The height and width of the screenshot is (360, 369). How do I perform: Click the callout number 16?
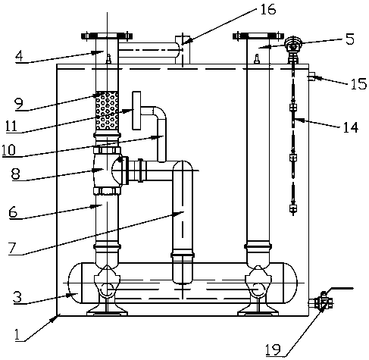click(x=267, y=10)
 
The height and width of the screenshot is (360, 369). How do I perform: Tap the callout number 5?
click(x=350, y=39)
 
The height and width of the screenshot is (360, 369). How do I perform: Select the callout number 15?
click(x=358, y=83)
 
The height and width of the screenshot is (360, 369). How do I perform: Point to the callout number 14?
click(x=351, y=127)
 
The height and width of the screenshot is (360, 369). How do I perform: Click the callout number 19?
click(x=273, y=349)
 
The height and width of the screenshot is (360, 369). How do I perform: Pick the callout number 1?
click(x=17, y=335)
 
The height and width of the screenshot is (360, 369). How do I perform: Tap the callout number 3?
click(x=17, y=297)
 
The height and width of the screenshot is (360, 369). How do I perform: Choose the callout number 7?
click(x=12, y=249)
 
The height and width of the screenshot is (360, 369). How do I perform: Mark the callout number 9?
click(x=19, y=104)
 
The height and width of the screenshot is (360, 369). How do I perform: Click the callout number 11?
click(x=11, y=126)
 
